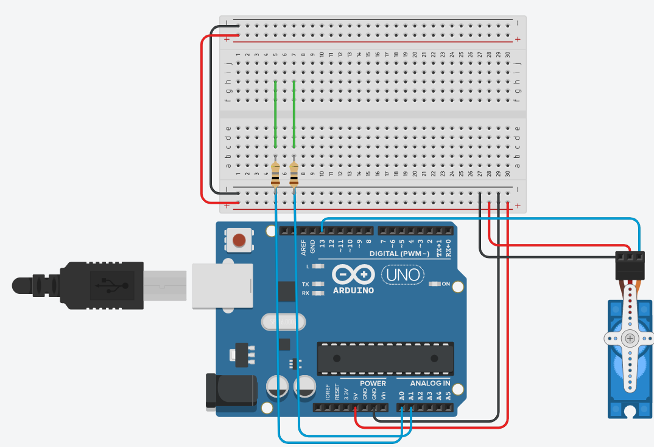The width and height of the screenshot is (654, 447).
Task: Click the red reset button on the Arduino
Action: (240, 240)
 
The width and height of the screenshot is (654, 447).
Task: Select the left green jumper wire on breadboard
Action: (276, 114)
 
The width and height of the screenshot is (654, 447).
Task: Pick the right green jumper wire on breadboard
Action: (294, 114)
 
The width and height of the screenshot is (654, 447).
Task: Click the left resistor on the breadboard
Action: (276, 174)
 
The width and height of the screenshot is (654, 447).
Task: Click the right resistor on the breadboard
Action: (294, 174)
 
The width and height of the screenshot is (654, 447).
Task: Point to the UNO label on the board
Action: (403, 275)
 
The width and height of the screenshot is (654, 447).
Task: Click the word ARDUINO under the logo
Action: (353, 290)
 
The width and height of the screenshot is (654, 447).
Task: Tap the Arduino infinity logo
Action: (353, 275)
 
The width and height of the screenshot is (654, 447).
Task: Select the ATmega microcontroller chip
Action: (385, 358)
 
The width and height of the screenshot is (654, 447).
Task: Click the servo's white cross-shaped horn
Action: (630, 338)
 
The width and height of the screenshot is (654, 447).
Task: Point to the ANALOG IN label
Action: (430, 384)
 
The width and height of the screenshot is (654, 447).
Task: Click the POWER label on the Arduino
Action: (373, 384)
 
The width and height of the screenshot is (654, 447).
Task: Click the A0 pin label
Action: (401, 395)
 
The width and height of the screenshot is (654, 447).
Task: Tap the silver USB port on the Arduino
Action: (222, 285)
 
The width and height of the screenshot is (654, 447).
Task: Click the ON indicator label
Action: (445, 284)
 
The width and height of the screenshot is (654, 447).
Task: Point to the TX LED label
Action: (306, 284)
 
